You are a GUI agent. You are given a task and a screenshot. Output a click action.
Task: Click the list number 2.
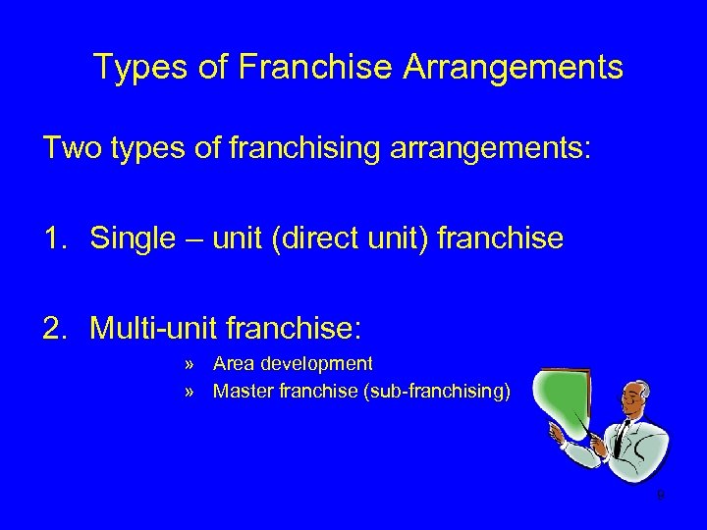(55, 327)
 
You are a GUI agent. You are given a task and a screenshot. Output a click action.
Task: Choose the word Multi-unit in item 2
(163, 327)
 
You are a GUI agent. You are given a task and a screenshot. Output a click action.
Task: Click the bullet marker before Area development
(188, 365)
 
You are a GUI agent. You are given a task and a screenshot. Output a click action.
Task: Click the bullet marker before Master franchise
(188, 392)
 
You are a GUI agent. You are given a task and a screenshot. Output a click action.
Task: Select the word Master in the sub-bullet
(242, 392)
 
